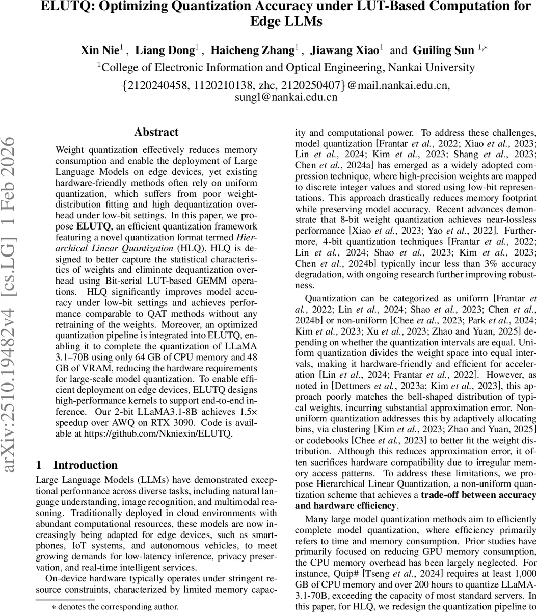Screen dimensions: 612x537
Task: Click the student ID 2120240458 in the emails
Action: click(156, 85)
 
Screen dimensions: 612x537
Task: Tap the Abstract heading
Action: click(156, 132)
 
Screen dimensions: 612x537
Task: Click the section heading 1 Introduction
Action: click(77, 465)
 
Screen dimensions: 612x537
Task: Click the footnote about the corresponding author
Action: click(115, 606)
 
